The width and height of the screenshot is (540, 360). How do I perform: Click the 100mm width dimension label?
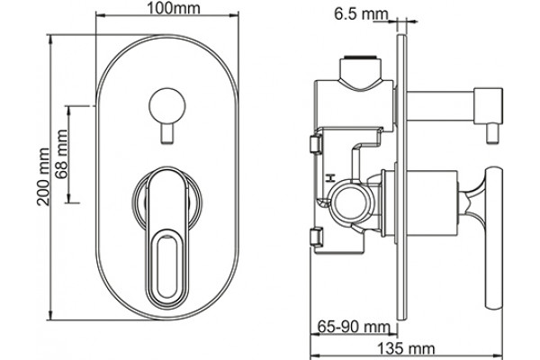click(174, 8)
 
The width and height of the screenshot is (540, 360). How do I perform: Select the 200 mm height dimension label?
click(44, 176)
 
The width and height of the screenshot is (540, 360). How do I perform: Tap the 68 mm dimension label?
click(62, 154)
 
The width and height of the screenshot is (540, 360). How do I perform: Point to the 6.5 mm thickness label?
click(361, 14)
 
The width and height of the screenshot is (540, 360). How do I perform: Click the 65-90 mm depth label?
click(354, 327)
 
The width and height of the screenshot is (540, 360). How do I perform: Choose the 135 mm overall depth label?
click(407, 348)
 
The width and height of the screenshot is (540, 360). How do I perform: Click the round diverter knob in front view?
click(167, 106)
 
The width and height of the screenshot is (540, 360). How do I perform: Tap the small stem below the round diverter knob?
click(167, 133)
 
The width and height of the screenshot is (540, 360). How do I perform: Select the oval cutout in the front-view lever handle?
click(167, 266)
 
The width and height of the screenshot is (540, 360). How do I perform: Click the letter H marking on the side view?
click(330, 178)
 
